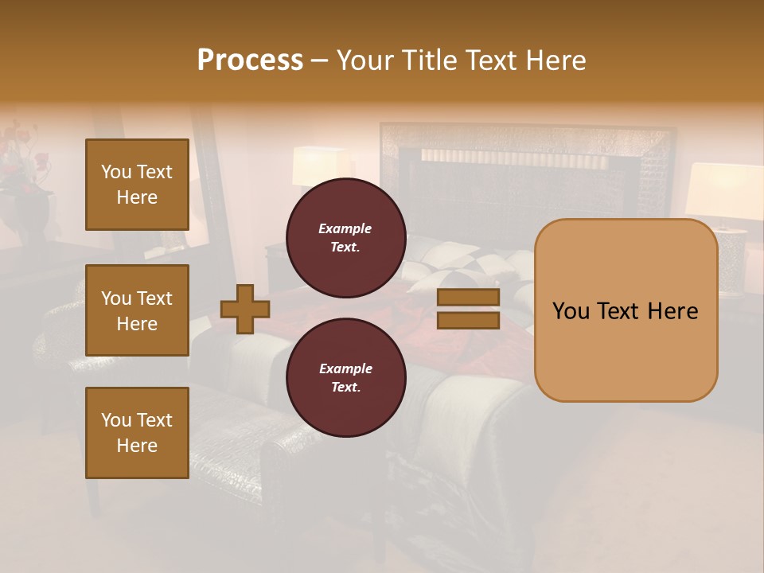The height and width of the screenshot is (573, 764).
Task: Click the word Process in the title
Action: (x=250, y=60)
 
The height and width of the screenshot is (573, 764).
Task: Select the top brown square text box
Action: (x=137, y=185)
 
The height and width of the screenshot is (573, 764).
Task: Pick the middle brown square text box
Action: (x=137, y=310)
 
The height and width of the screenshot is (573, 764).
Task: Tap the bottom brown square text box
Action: (x=137, y=433)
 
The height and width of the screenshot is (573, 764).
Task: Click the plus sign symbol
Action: (x=245, y=309)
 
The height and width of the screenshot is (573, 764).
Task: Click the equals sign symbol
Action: (x=468, y=309)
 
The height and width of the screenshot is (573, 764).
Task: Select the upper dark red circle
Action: (x=345, y=238)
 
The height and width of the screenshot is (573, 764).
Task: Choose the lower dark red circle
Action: (x=345, y=378)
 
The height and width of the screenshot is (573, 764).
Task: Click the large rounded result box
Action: (x=626, y=310)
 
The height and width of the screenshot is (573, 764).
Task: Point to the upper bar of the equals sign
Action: (x=468, y=298)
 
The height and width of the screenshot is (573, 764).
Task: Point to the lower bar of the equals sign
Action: (x=468, y=320)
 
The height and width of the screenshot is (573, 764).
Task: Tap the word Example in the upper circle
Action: (x=345, y=228)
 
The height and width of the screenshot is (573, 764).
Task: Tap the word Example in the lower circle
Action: (x=345, y=368)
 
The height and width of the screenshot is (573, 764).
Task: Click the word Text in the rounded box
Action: (x=625, y=311)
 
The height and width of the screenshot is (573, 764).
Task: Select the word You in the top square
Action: (x=116, y=172)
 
